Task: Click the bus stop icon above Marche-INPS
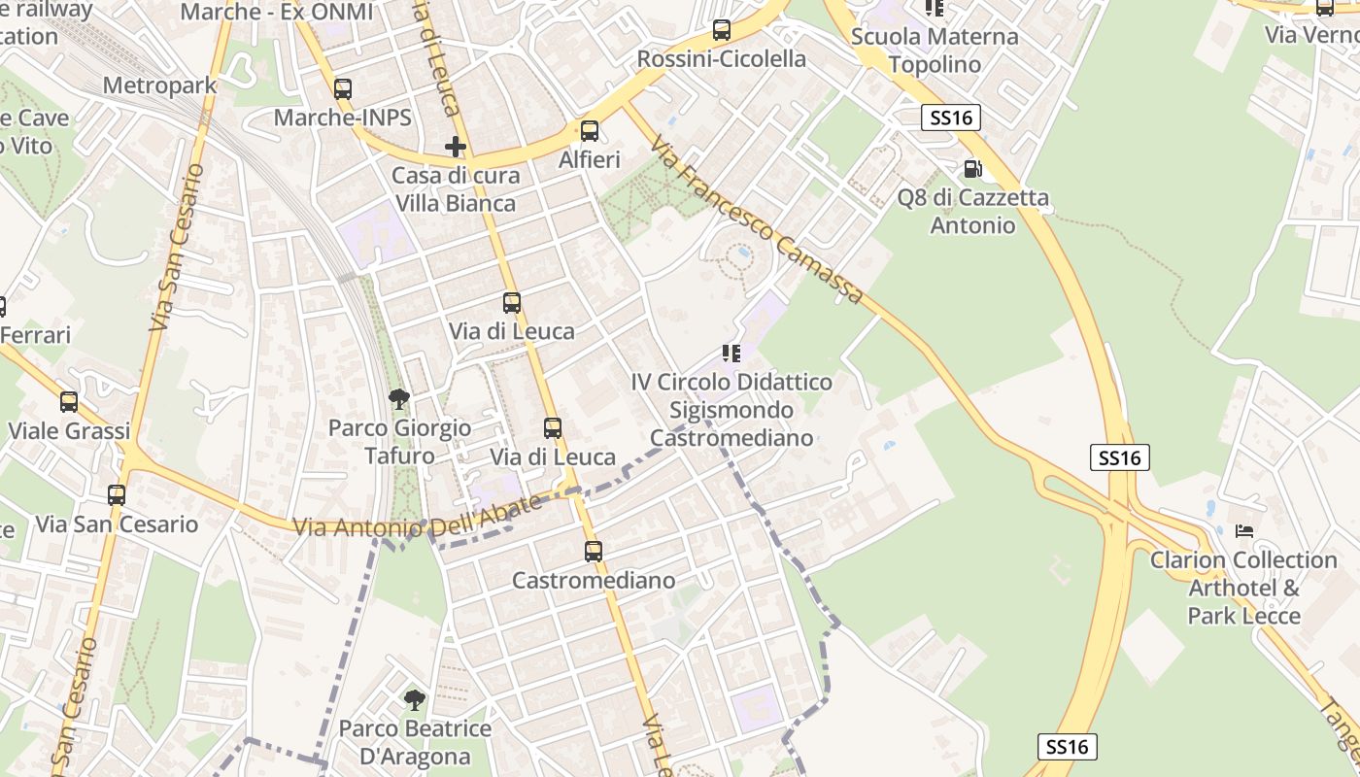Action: pos(343,89)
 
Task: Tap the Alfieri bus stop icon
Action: pos(590,131)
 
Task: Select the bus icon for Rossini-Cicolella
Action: pos(722,30)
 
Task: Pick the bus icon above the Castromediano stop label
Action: pos(594,552)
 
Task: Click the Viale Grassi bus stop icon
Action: pos(69,402)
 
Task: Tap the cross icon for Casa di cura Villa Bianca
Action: pos(456,147)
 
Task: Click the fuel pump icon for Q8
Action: pos(972,169)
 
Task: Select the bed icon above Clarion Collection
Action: pos(1244,531)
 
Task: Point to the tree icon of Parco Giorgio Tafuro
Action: pos(399,398)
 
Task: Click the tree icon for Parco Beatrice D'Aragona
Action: pos(415,699)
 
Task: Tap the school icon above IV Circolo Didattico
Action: pos(731,354)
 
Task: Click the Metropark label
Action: pos(159,85)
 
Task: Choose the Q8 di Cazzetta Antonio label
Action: pos(972,212)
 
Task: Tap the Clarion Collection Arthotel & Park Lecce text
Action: pos(1243,588)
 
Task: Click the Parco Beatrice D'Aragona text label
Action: pos(415,743)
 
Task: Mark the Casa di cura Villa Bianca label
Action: pos(456,189)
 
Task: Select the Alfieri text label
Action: pos(590,159)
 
